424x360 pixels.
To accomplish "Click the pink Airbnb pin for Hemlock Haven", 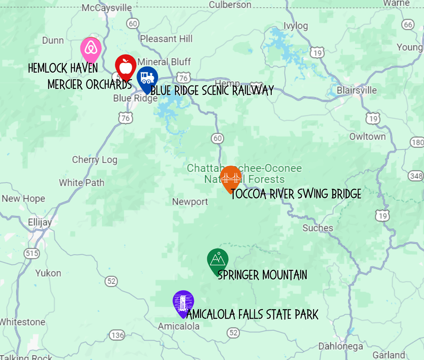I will [x=91, y=49].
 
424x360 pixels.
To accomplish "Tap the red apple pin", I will [x=126, y=66].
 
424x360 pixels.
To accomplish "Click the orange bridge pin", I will [x=231, y=177].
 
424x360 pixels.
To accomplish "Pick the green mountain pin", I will [x=218, y=259].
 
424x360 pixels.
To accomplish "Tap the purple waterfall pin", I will [x=183, y=302].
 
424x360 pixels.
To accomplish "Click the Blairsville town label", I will [x=357, y=90].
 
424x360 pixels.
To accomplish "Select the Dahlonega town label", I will [x=340, y=346].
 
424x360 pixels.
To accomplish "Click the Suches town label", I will [x=318, y=228].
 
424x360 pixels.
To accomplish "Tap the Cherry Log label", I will [x=95, y=160].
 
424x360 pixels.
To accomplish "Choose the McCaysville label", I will [x=106, y=8].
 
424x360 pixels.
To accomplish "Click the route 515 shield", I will [x=32, y=254].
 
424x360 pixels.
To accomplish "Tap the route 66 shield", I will [x=408, y=25].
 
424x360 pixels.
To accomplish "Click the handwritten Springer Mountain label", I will [x=262, y=275].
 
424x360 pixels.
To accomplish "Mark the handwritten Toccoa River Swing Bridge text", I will [x=296, y=194].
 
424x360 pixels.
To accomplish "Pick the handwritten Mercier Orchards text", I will [x=89, y=84].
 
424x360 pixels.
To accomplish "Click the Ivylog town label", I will [x=296, y=26].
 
